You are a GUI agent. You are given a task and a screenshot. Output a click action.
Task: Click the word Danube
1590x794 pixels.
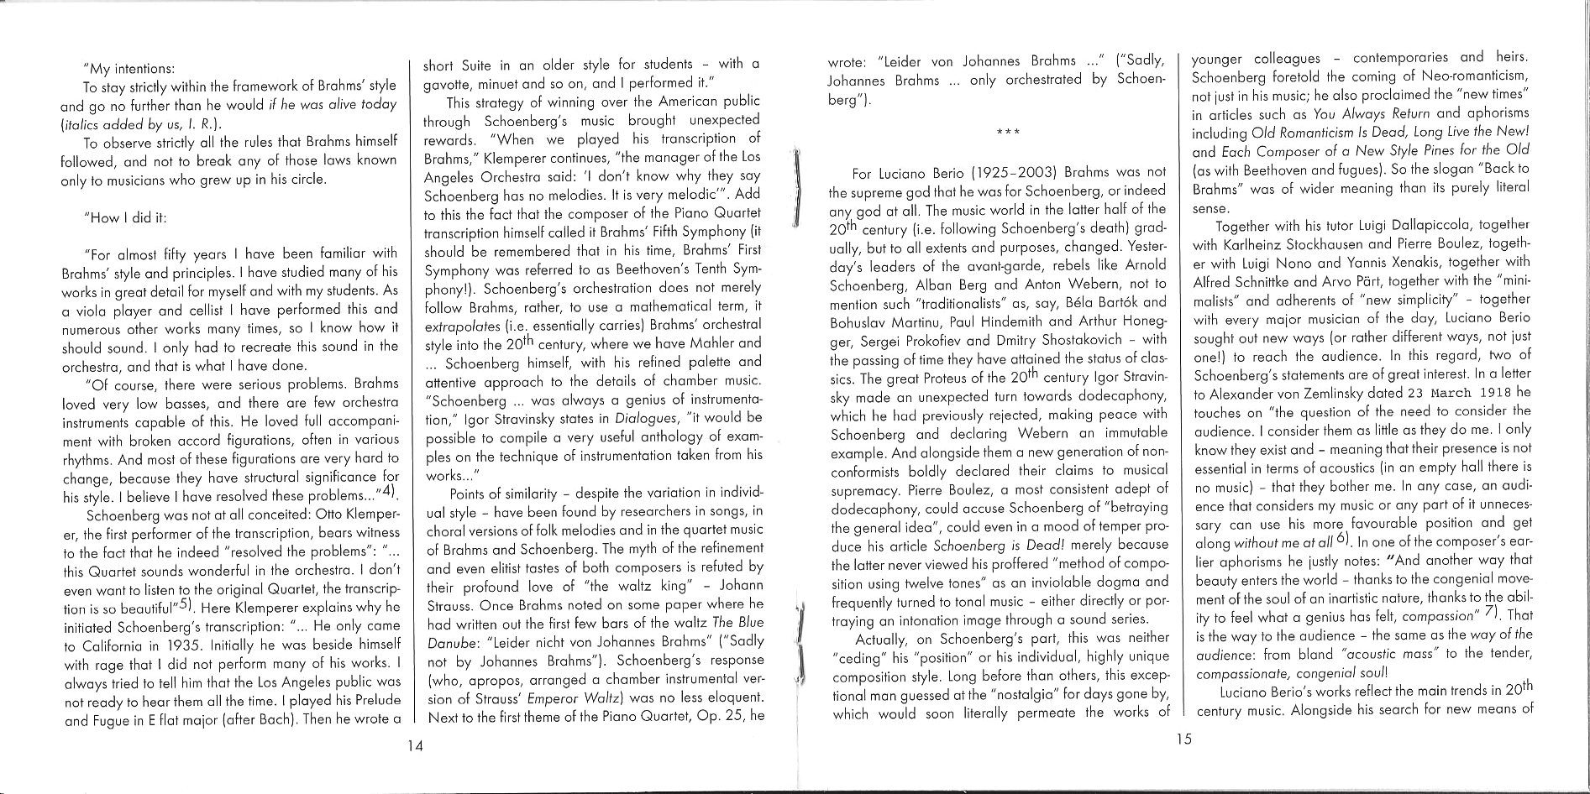453,640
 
